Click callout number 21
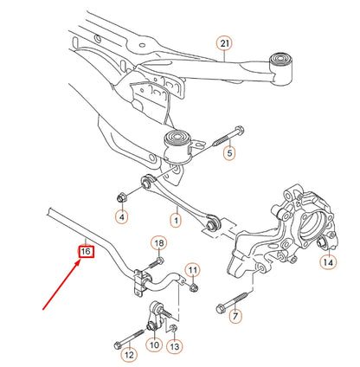[225, 42]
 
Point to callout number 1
[176, 221]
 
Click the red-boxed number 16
[85, 252]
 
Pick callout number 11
[192, 270]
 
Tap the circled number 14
[328, 261]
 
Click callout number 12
[128, 353]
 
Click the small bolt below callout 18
[157, 261]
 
